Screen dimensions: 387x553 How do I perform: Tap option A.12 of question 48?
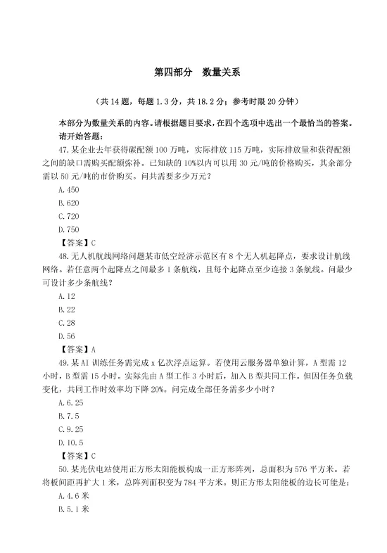67,296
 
